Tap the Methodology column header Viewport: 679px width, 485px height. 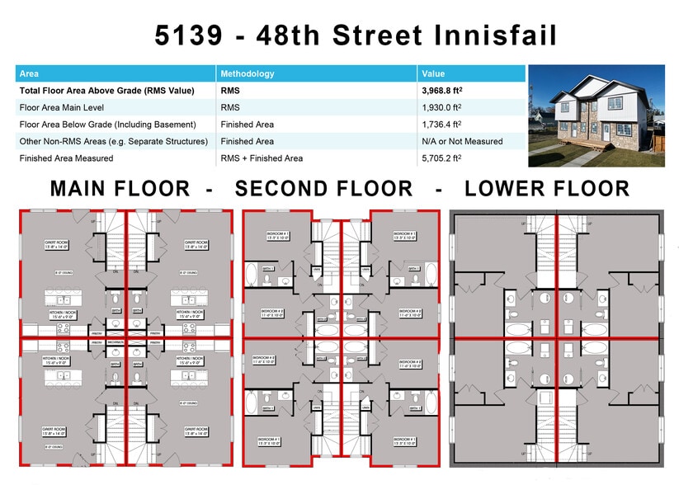click(248, 73)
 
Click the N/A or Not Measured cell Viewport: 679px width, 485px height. click(462, 142)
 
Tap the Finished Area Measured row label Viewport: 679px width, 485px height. click(65, 158)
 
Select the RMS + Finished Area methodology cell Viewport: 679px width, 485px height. click(262, 158)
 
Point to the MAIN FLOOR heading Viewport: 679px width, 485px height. click(120, 189)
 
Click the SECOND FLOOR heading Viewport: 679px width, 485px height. click(323, 189)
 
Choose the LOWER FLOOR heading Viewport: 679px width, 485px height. click(547, 189)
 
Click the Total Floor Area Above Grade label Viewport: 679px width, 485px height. click(106, 91)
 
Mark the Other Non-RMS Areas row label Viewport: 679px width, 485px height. click(113, 142)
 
